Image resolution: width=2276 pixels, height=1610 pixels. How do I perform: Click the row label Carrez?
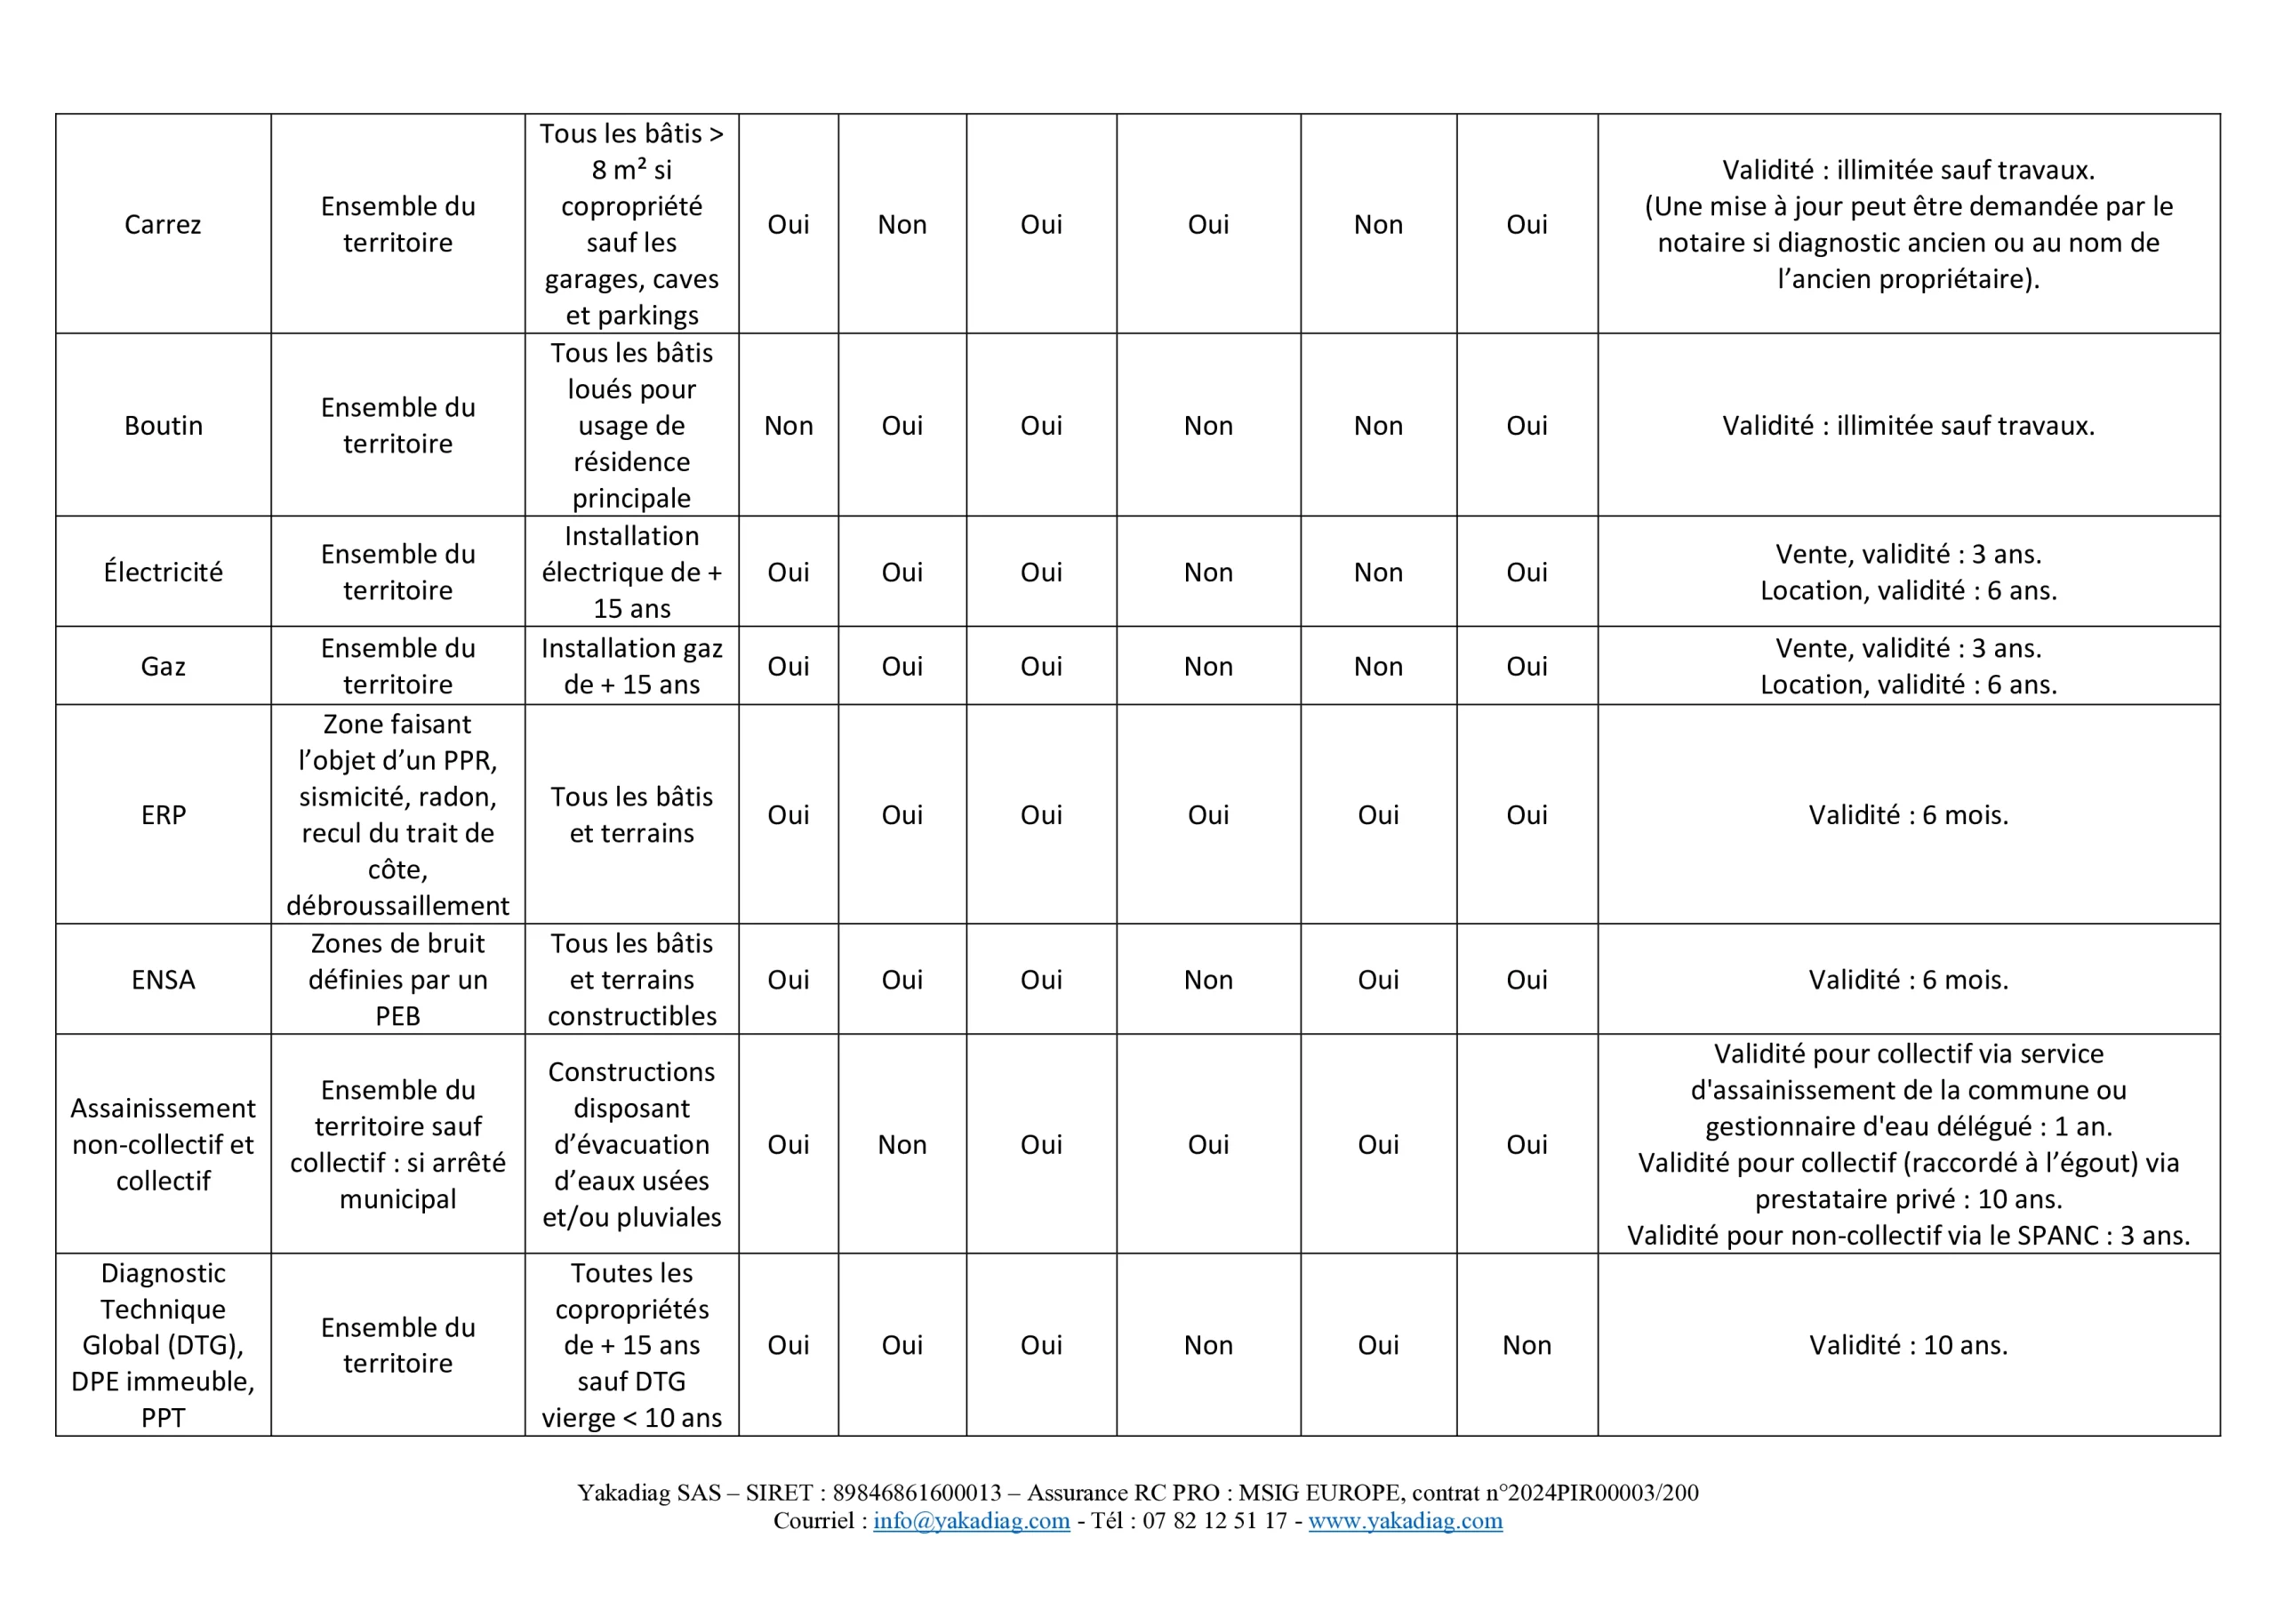[x=163, y=225]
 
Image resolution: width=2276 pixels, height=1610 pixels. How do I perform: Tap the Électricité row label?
[x=163, y=572]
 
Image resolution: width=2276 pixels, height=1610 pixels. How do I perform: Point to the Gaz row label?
[x=163, y=666]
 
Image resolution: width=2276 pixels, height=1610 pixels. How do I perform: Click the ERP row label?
[x=163, y=815]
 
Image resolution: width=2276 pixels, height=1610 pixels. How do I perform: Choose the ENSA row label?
[x=163, y=980]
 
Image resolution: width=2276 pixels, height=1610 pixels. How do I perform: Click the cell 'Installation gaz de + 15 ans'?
[x=631, y=666]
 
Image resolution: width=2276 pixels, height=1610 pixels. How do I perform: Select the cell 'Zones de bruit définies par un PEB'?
[x=397, y=980]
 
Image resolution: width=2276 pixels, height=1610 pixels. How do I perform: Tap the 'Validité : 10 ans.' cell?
[x=1908, y=1345]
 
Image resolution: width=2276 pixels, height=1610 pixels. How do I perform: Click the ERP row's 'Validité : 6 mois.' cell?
[x=1908, y=815]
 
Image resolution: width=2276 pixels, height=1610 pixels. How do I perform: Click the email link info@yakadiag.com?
[x=972, y=1521]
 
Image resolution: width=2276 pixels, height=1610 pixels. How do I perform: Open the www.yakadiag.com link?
[x=1405, y=1521]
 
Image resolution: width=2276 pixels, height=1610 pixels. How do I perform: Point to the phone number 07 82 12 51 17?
[x=1214, y=1521]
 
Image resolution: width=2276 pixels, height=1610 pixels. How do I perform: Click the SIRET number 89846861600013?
[x=917, y=1493]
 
